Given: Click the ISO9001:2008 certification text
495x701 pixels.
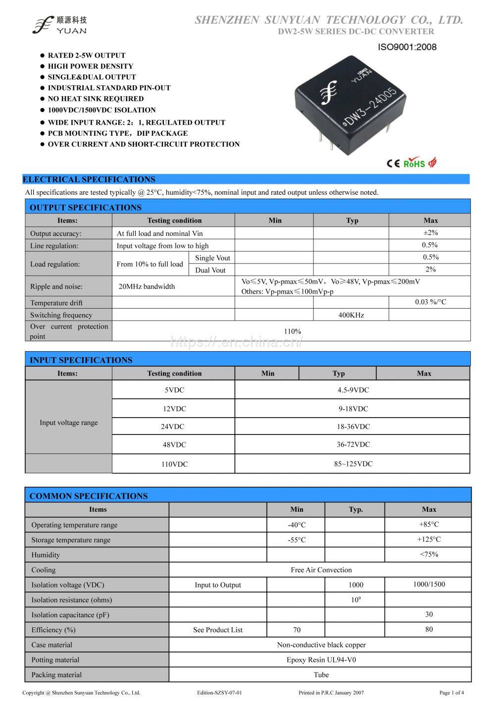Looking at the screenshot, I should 407,48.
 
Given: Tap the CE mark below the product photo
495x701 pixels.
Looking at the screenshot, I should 393,163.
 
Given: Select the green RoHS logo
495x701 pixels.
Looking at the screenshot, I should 414,163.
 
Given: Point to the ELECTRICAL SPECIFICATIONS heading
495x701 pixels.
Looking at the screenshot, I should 89,179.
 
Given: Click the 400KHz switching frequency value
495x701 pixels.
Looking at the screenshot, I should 351,315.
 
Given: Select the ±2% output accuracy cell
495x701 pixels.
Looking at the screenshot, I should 430,233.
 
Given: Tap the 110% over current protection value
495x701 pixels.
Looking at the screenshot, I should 293,331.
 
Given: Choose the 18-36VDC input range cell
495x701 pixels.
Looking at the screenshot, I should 353,427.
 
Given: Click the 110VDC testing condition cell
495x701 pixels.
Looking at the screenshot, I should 174,464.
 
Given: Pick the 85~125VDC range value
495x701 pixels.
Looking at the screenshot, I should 353,464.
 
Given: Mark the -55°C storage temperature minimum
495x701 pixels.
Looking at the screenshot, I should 297,540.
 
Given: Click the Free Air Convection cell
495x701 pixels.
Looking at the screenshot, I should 321,570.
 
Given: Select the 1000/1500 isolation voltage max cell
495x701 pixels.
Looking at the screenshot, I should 429,585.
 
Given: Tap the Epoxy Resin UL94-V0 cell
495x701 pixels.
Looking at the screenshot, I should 321,660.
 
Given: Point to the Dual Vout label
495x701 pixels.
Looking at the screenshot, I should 210,270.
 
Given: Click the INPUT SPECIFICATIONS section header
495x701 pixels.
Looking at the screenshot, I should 81,360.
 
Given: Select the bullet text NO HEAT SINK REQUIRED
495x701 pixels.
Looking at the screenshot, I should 96,99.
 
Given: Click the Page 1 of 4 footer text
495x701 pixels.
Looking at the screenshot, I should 451,693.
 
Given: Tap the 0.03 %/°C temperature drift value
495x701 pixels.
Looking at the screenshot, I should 430,302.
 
